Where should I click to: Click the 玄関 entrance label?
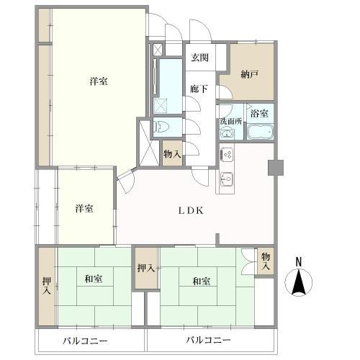(x=199, y=58)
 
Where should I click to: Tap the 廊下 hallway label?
(x=199, y=89)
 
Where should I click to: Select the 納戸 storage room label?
(x=250, y=75)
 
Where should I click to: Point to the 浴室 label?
(x=259, y=114)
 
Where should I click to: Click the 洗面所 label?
(x=231, y=122)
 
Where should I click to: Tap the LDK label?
(x=191, y=211)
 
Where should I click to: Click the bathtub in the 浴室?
(x=260, y=132)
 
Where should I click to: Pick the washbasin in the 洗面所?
(x=227, y=134)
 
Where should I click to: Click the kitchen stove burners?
(x=227, y=154)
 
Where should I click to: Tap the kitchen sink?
(x=227, y=179)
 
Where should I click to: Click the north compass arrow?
(x=299, y=282)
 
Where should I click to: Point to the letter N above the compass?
(x=299, y=262)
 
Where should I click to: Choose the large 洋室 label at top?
(x=99, y=81)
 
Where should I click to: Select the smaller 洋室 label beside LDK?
(x=84, y=208)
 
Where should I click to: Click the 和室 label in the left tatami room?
(x=94, y=279)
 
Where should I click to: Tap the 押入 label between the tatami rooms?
(x=146, y=268)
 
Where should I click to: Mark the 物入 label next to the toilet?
(x=172, y=154)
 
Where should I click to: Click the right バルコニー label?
(x=209, y=340)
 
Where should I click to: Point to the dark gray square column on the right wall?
(x=276, y=168)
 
